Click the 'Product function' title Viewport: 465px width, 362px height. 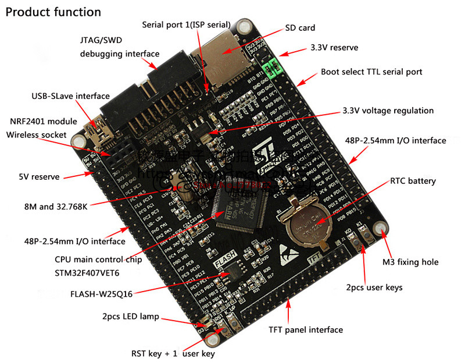click(x=53, y=12)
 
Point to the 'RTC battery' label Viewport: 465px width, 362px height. click(x=413, y=181)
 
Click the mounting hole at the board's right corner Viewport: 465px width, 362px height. click(x=381, y=228)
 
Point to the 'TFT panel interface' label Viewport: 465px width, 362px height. click(x=306, y=330)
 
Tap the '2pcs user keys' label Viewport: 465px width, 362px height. click(x=374, y=288)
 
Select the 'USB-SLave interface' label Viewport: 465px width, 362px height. click(x=70, y=96)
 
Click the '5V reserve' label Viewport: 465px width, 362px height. click(x=37, y=176)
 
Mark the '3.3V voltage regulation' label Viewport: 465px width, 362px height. click(x=388, y=111)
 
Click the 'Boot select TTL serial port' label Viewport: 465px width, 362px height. click(x=371, y=72)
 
